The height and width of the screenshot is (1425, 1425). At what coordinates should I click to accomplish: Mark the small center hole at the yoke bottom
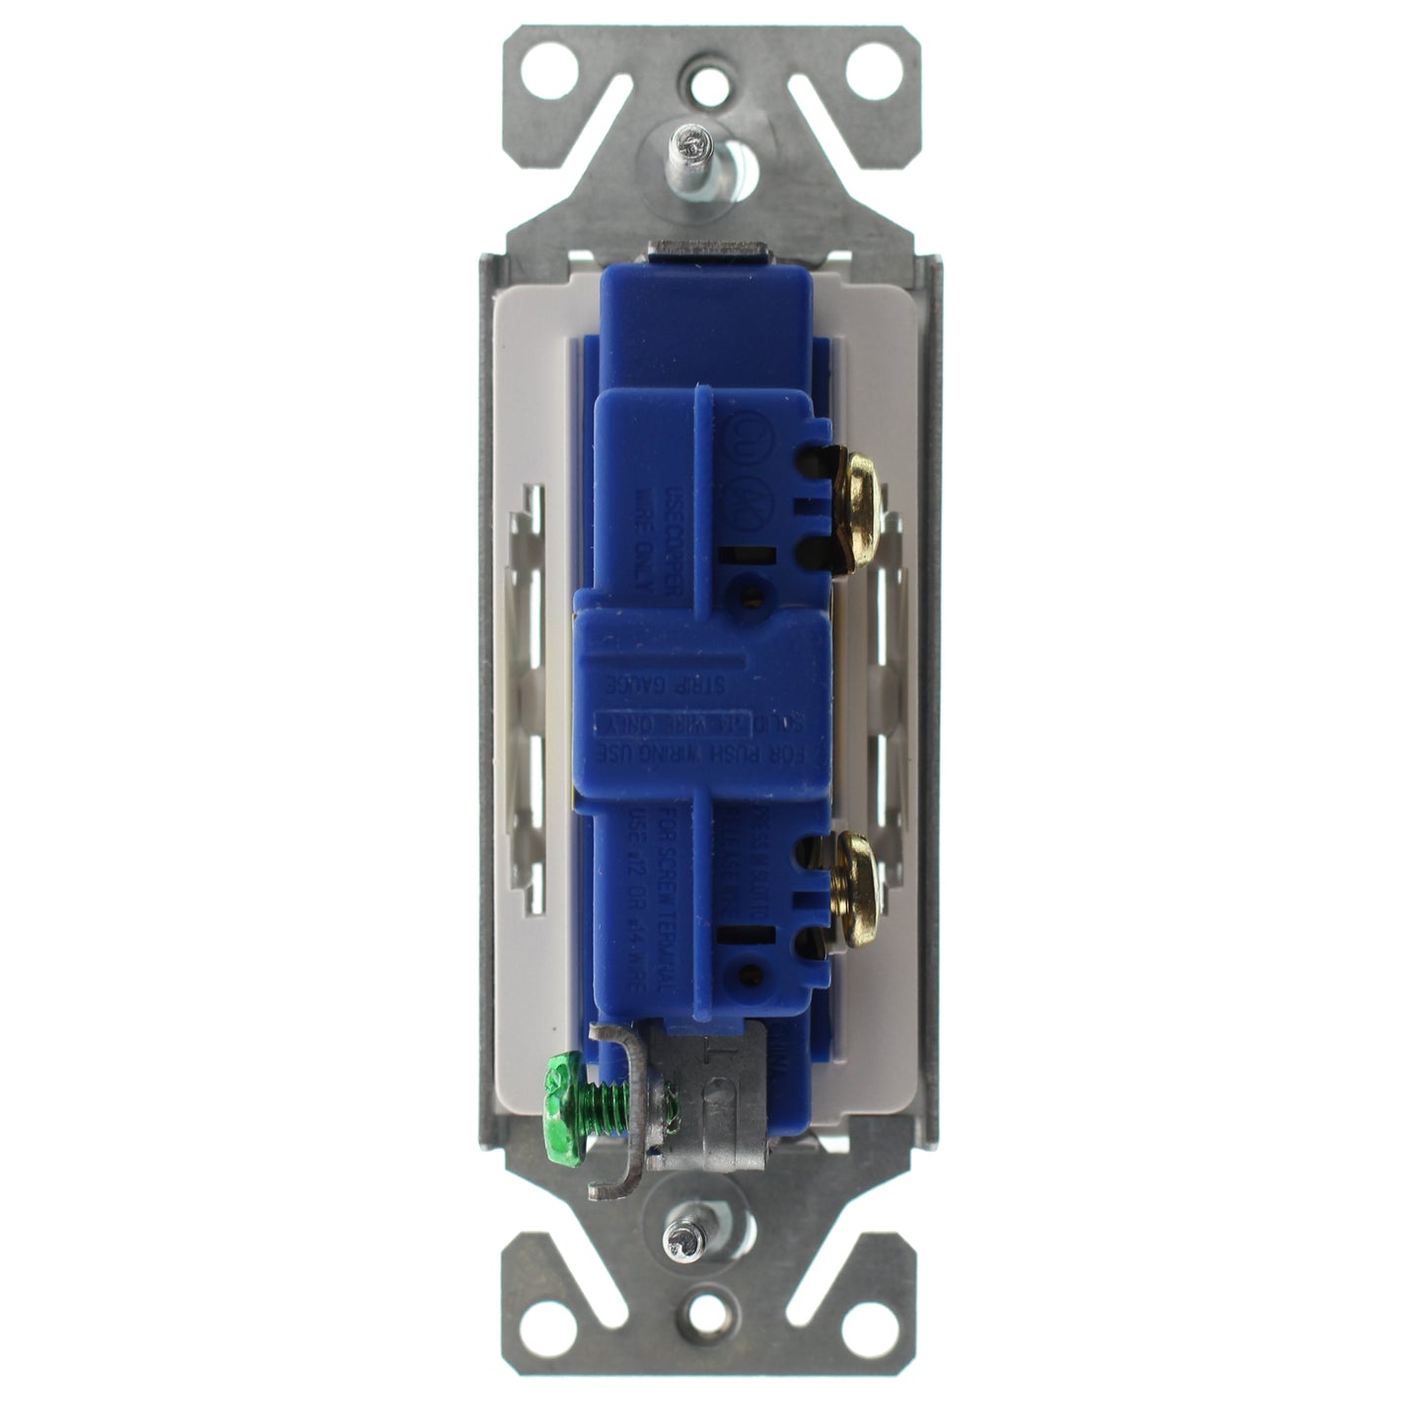(x=709, y=1312)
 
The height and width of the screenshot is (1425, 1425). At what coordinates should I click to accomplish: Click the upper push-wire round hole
(x=751, y=595)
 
